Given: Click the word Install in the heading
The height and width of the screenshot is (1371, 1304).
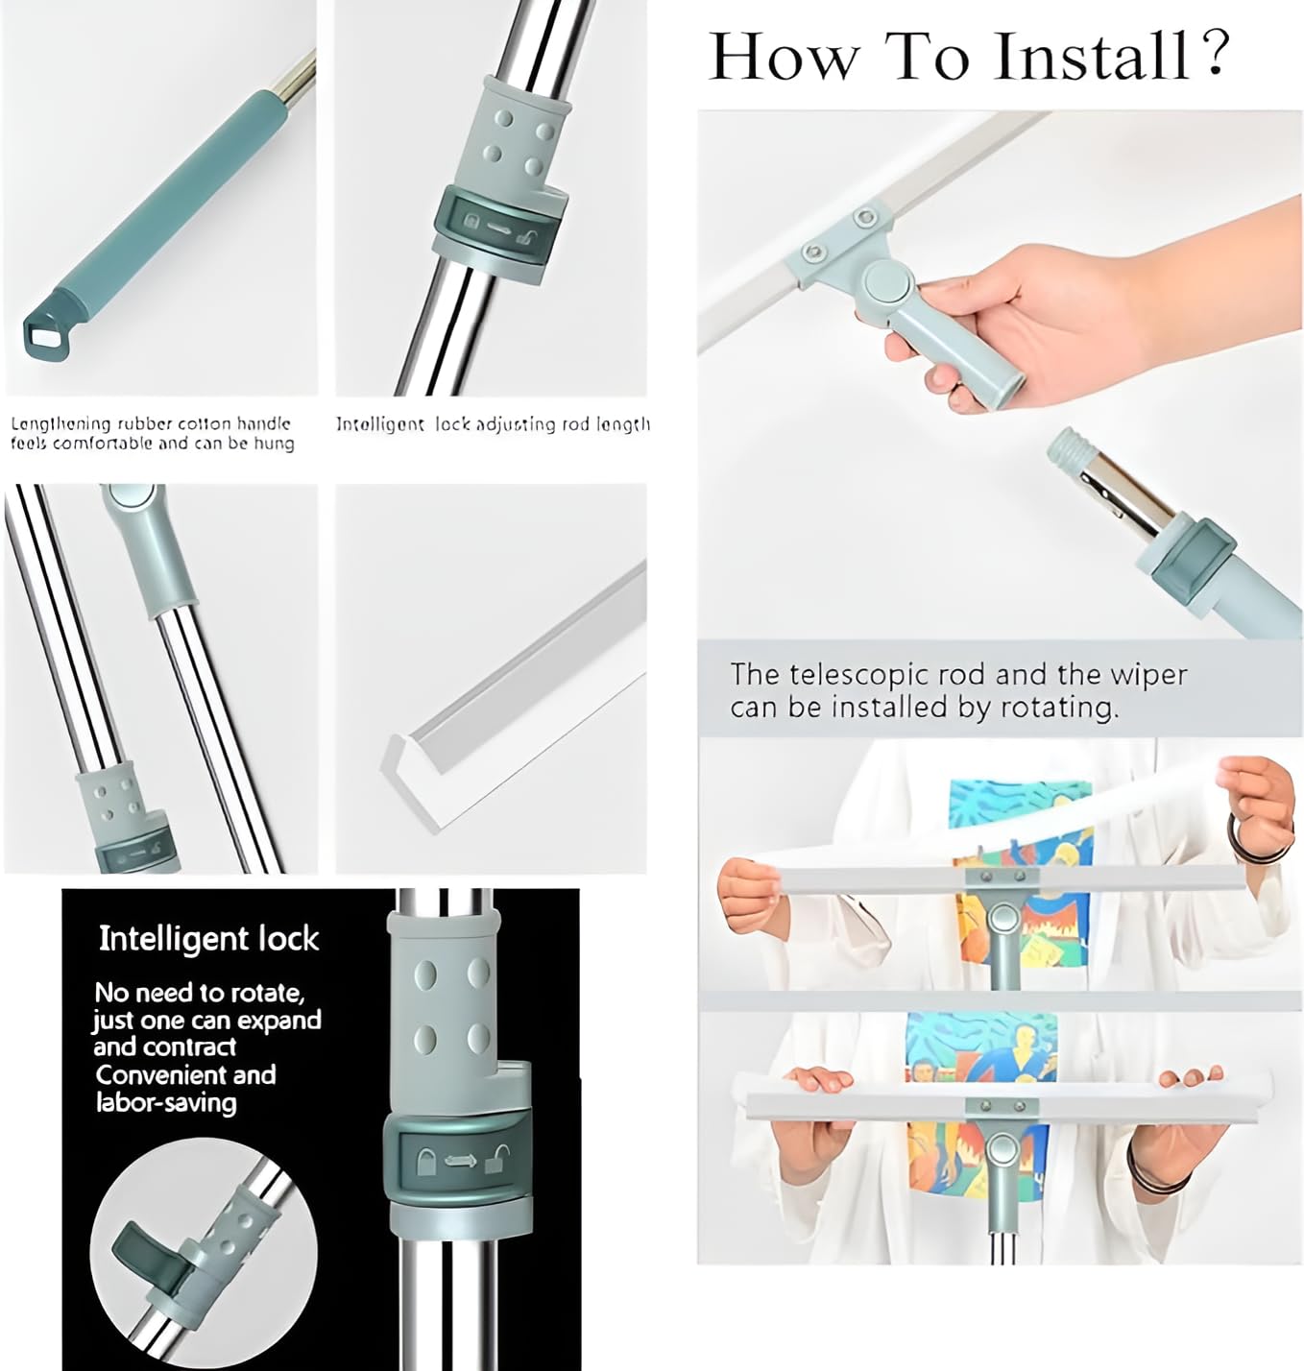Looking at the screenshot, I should (1092, 56).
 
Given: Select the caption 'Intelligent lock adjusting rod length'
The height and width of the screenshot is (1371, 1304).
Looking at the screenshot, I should (492, 423).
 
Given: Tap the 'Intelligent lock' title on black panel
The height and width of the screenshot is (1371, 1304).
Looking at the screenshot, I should (208, 938).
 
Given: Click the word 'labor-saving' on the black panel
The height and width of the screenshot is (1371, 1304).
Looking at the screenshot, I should (165, 1102).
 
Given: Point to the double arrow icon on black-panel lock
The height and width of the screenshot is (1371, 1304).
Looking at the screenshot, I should (460, 1162).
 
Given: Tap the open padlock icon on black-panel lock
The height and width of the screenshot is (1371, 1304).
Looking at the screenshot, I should (496, 1162).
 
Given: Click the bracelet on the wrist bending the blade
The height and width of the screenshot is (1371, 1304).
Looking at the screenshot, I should (1242, 830).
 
